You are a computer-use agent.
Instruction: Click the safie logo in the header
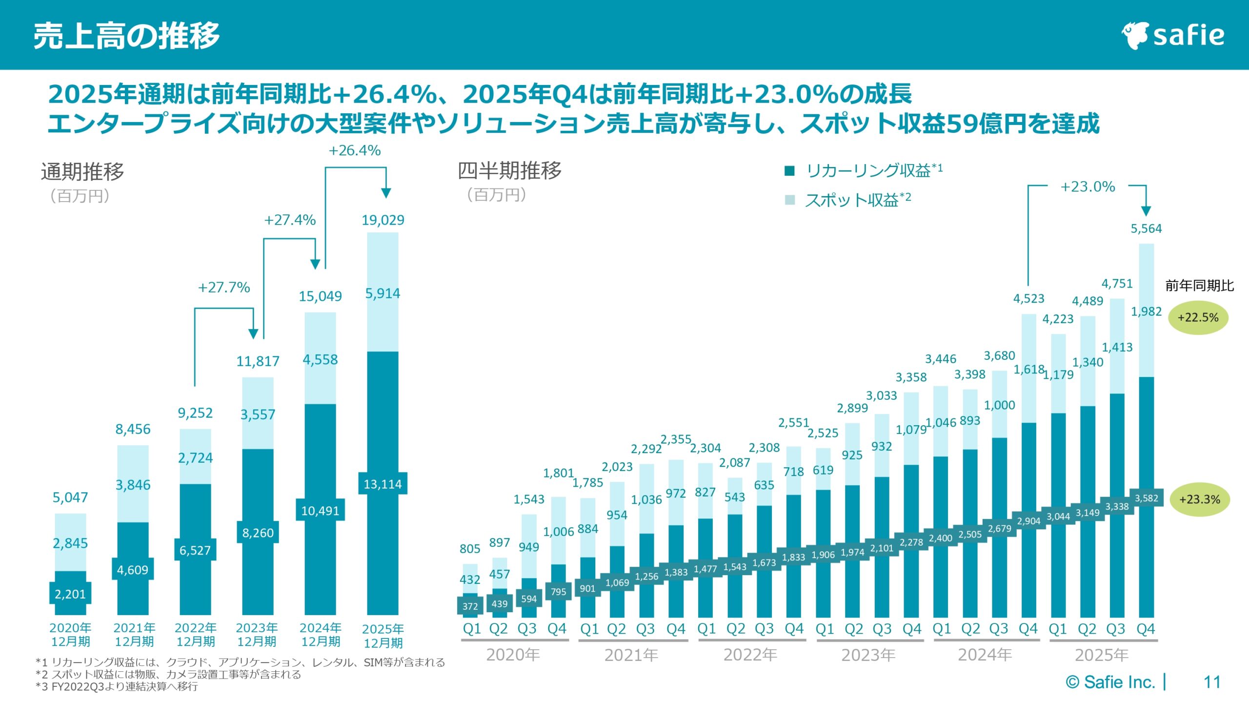pos(1173,35)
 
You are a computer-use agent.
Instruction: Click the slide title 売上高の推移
pos(126,36)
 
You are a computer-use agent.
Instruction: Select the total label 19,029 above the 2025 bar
pos(383,220)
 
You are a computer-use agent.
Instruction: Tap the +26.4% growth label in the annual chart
pos(355,150)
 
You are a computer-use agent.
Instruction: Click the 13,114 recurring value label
pos(383,484)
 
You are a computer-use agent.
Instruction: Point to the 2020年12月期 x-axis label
pos(70,634)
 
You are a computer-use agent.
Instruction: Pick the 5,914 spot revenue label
pos(383,293)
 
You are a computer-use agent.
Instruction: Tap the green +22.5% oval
pos(1198,318)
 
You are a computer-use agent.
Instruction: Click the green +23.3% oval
pos(1199,499)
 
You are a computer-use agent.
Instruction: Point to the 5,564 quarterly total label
pos(1146,228)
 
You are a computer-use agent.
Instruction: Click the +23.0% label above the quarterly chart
pos(1088,186)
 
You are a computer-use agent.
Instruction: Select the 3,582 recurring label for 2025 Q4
pos(1146,498)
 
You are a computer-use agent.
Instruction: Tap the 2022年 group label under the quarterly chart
pos(750,655)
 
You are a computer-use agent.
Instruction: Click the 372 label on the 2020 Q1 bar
pos(470,606)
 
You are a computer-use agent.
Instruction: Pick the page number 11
pos(1212,682)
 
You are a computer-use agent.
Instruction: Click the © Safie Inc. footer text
pos(1110,682)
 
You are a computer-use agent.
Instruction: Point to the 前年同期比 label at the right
pos(1199,286)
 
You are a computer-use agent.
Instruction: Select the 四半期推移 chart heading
pos(509,170)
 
